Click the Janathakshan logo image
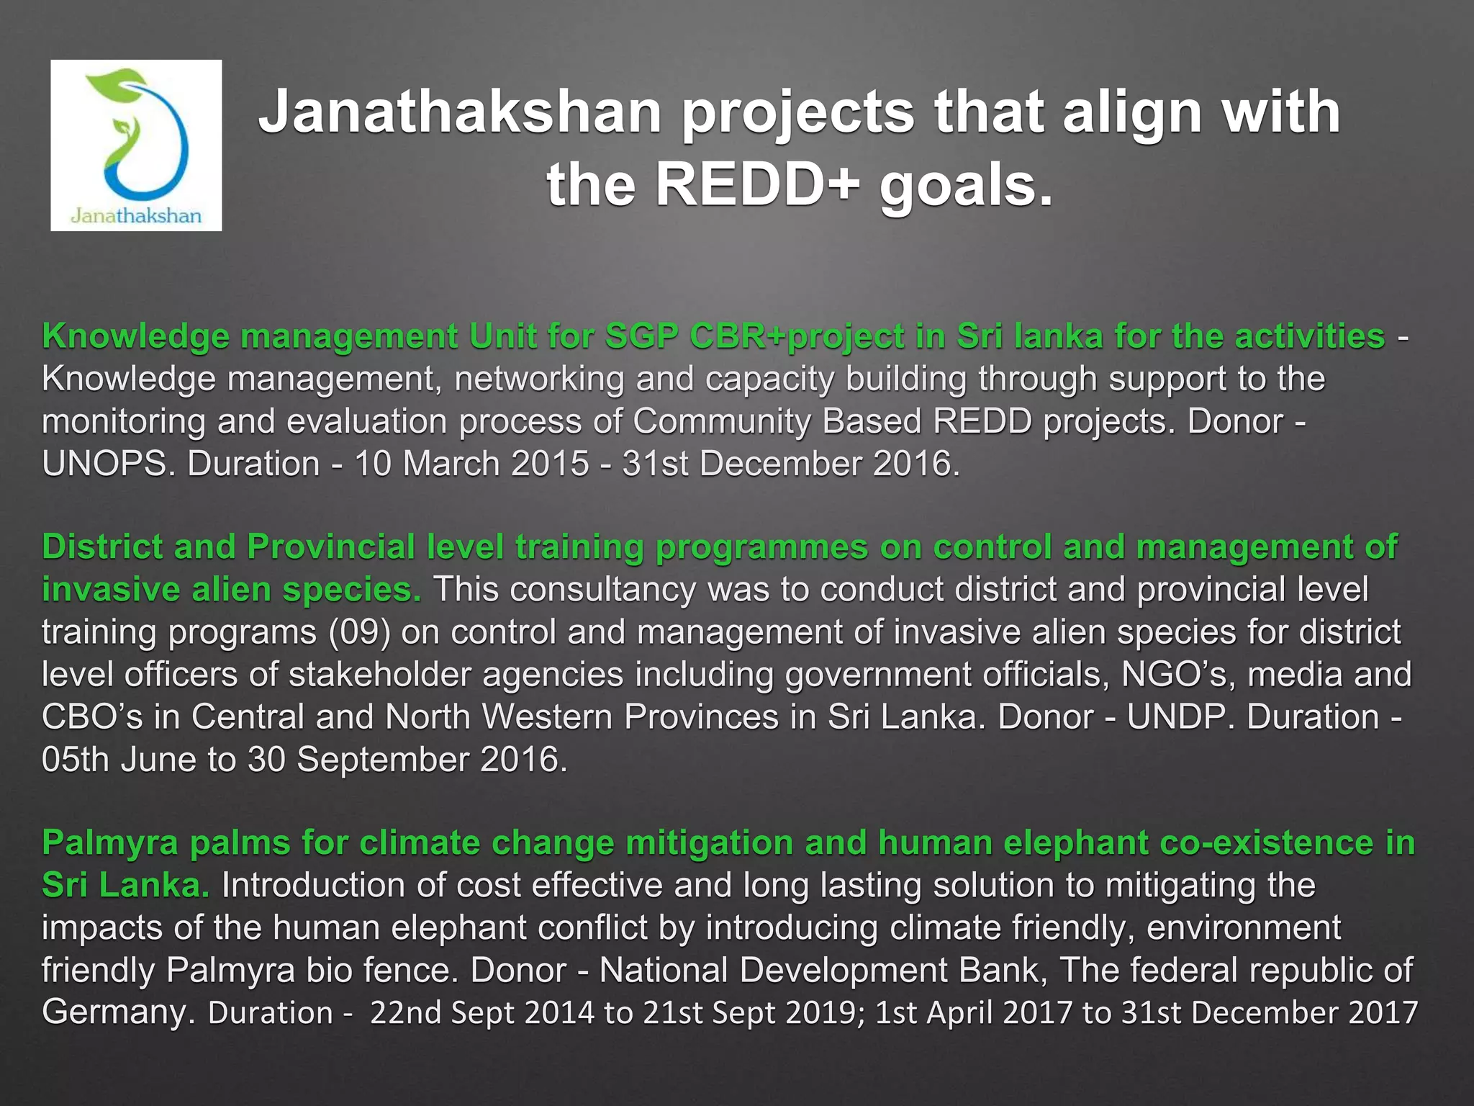136,145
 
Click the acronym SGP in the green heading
640,336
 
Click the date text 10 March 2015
471,464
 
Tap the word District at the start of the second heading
101,547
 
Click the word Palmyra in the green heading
109,842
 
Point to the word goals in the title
964,184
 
